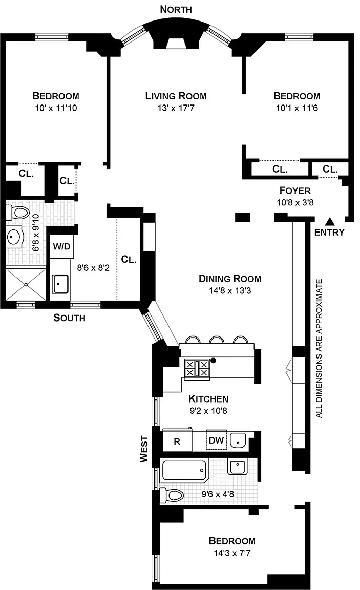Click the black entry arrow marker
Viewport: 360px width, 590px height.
pos(330,221)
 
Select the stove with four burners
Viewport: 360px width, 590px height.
pos(197,368)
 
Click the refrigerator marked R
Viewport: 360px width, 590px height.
pos(177,441)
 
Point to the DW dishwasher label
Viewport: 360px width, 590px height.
pos(215,440)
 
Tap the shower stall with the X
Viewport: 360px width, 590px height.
pos(26,283)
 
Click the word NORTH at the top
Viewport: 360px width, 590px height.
pos(176,9)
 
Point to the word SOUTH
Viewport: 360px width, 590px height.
pos(70,318)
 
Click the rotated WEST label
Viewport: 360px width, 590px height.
pos(145,449)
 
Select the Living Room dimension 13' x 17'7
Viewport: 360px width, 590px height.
pos(176,108)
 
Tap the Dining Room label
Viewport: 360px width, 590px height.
pos(230,279)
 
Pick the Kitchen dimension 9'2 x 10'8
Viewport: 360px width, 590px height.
pos(208,410)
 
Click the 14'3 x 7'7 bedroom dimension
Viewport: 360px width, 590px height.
pos(231,553)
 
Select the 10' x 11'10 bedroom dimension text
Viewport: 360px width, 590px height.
pos(55,108)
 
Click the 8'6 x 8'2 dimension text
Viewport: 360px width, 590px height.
pos(93,267)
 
